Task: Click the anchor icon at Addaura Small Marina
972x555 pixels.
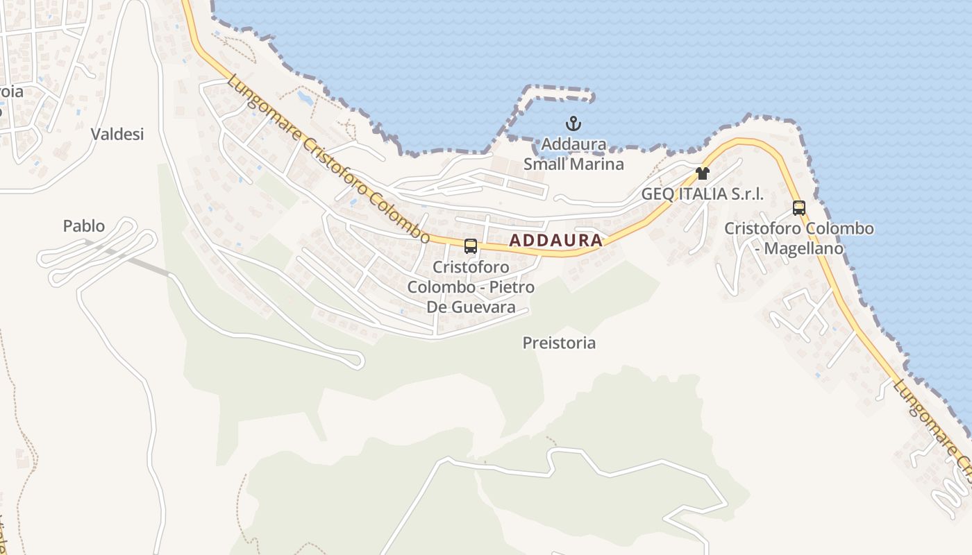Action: coord(573,125)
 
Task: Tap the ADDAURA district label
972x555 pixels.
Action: coord(555,241)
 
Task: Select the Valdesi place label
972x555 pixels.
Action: coord(117,134)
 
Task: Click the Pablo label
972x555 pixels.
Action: coord(83,225)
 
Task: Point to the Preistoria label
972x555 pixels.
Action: coord(559,343)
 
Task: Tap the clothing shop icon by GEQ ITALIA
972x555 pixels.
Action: coord(703,173)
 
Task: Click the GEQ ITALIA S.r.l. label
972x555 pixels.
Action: coord(702,194)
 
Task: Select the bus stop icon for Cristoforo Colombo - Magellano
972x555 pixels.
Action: coord(799,207)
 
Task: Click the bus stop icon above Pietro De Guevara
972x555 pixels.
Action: coord(471,246)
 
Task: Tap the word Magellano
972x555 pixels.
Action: coord(804,248)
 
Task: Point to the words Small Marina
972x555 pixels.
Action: coord(573,164)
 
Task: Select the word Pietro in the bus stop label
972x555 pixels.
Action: coord(512,287)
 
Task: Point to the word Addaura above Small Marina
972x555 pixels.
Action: coord(573,144)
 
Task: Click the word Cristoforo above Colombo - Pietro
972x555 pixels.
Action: coord(471,267)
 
